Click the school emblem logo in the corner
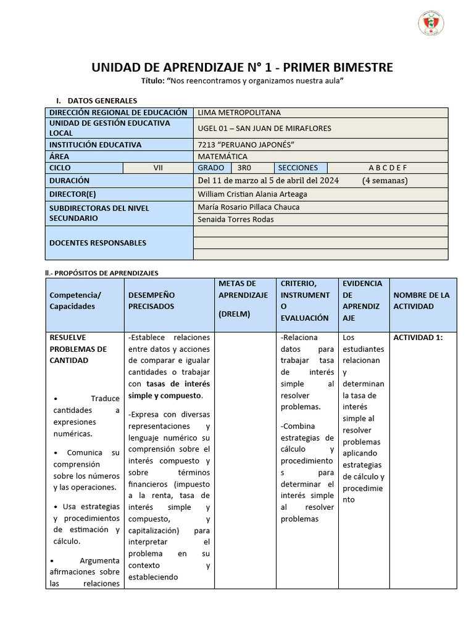(x=431, y=23)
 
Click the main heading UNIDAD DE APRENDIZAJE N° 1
(x=242, y=67)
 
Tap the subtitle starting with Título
(x=242, y=81)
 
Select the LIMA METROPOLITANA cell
(x=239, y=112)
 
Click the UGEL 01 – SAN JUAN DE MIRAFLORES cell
(x=264, y=128)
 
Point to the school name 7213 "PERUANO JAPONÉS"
(x=246, y=144)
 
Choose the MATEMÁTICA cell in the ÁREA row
(x=222, y=156)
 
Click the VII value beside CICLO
(x=159, y=167)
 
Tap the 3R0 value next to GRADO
(x=245, y=167)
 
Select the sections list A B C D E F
(x=388, y=167)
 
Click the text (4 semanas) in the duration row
(x=385, y=181)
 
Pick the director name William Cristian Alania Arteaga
(x=252, y=194)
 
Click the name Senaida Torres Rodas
(x=236, y=219)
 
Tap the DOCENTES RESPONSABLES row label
(x=98, y=243)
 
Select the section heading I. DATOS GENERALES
(x=97, y=100)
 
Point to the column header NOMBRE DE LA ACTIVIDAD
(x=422, y=301)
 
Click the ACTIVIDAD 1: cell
(x=418, y=338)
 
